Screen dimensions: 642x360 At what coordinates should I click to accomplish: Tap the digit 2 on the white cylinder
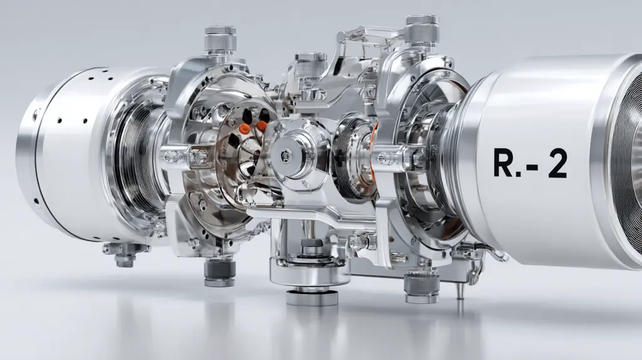pyautogui.click(x=557, y=163)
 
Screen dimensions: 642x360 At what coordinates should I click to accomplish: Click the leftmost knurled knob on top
pyautogui.click(x=220, y=40)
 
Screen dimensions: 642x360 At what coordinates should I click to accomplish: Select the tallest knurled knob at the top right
pyautogui.click(x=422, y=30)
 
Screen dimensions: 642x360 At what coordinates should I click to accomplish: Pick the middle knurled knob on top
pyautogui.click(x=311, y=65)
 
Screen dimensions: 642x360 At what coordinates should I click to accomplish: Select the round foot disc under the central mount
pyautogui.click(x=312, y=297)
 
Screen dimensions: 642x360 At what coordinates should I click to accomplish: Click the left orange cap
pyautogui.click(x=245, y=129)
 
